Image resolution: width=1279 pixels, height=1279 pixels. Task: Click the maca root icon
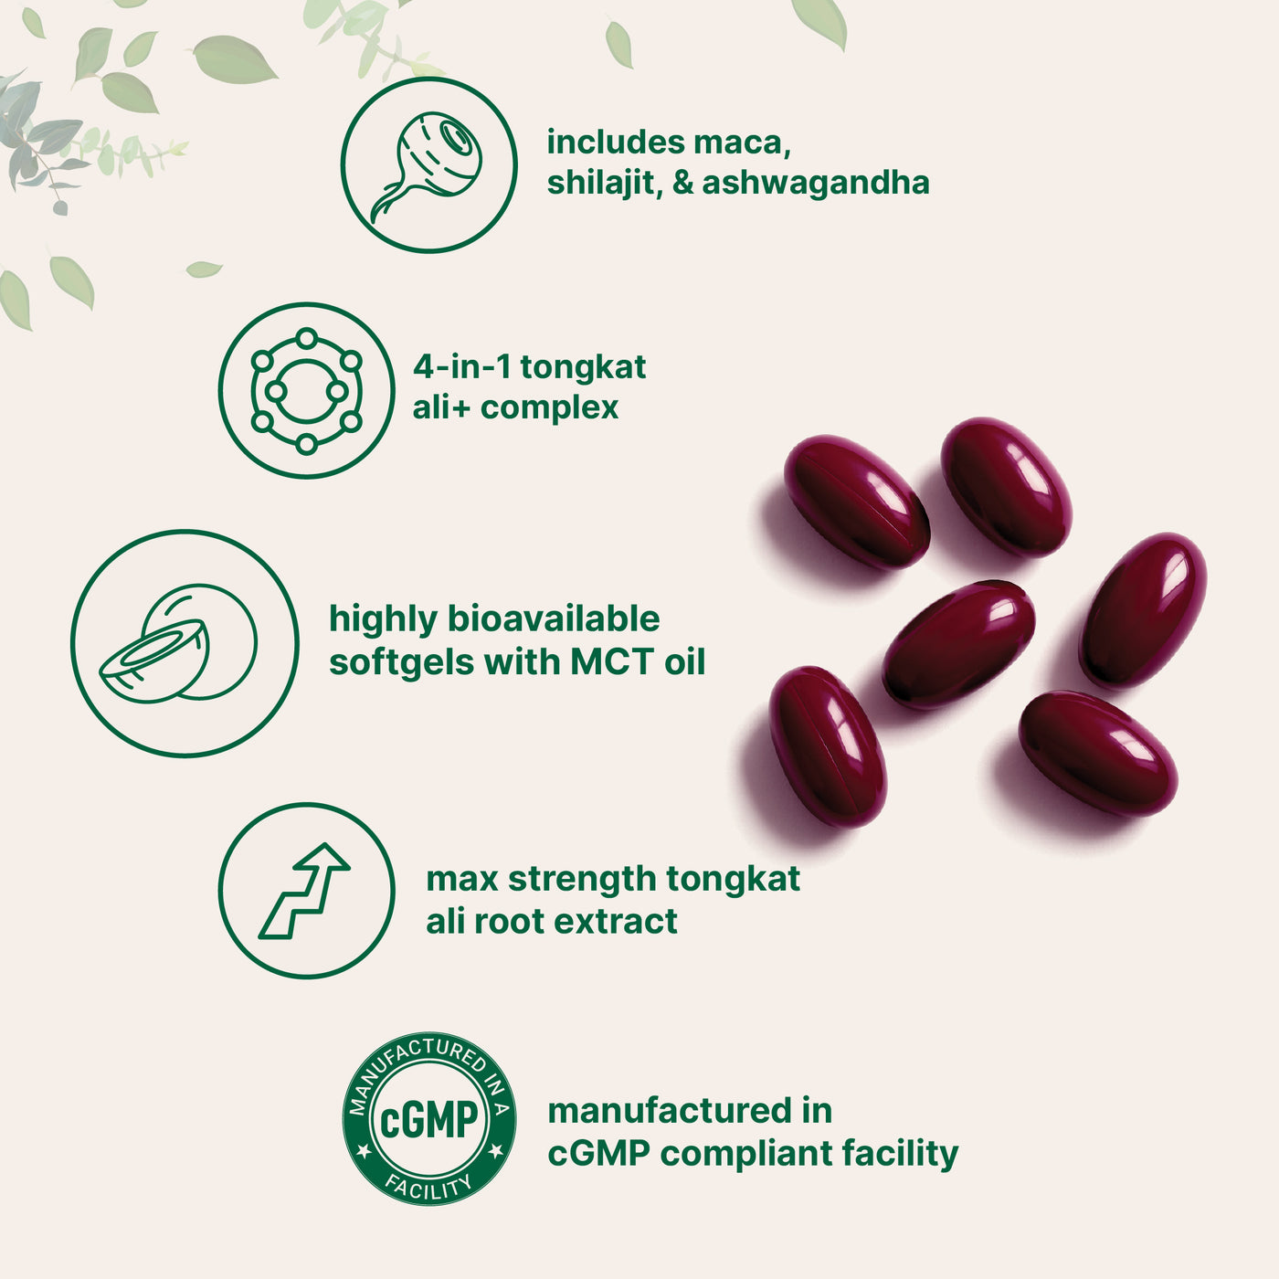click(x=428, y=164)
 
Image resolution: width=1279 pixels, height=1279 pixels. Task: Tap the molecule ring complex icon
click(x=306, y=390)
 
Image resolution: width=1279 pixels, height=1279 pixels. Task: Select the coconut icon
click(x=184, y=643)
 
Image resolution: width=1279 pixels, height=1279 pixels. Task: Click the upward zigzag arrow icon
click(x=306, y=890)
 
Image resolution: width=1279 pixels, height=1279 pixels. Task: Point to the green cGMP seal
click(x=428, y=1119)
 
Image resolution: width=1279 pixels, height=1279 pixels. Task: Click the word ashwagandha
click(x=815, y=182)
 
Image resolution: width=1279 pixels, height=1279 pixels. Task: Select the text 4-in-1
click(x=461, y=367)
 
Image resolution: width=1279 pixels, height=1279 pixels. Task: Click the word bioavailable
click(x=553, y=619)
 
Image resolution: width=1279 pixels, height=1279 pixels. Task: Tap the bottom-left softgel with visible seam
click(x=827, y=745)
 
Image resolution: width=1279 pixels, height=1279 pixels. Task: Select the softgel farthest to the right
click(x=1143, y=609)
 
